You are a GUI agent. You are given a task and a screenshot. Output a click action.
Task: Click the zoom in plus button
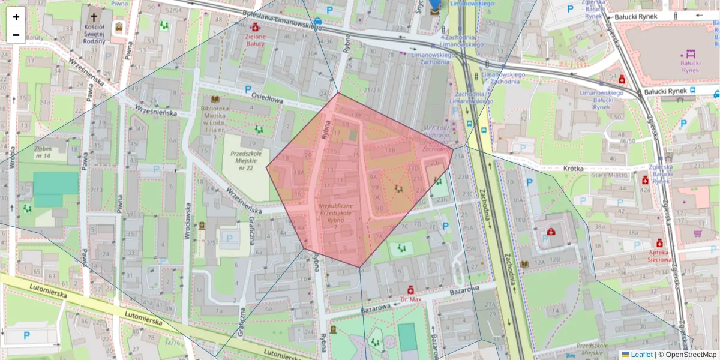[x=16, y=17]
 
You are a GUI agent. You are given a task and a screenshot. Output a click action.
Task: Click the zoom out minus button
[x=16, y=35]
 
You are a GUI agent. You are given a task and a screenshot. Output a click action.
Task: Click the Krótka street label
[x=574, y=169]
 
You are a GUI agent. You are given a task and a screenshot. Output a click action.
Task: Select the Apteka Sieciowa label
[x=661, y=257]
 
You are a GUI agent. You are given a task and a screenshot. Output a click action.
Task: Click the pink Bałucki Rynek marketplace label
[x=691, y=65]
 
